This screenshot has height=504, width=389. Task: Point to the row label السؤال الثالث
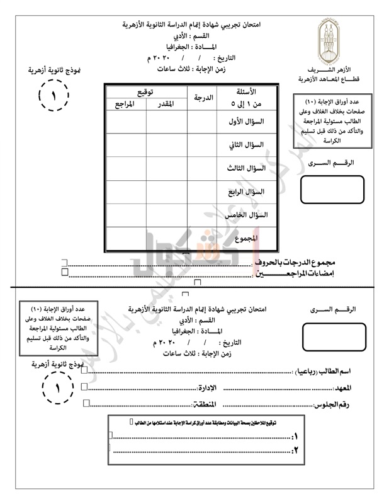(x=246, y=168)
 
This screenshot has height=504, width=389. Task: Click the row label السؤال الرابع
(x=246, y=192)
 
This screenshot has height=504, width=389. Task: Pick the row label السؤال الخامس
(x=246, y=215)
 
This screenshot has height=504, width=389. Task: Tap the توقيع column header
(x=145, y=92)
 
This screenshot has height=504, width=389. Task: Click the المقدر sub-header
(x=165, y=104)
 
